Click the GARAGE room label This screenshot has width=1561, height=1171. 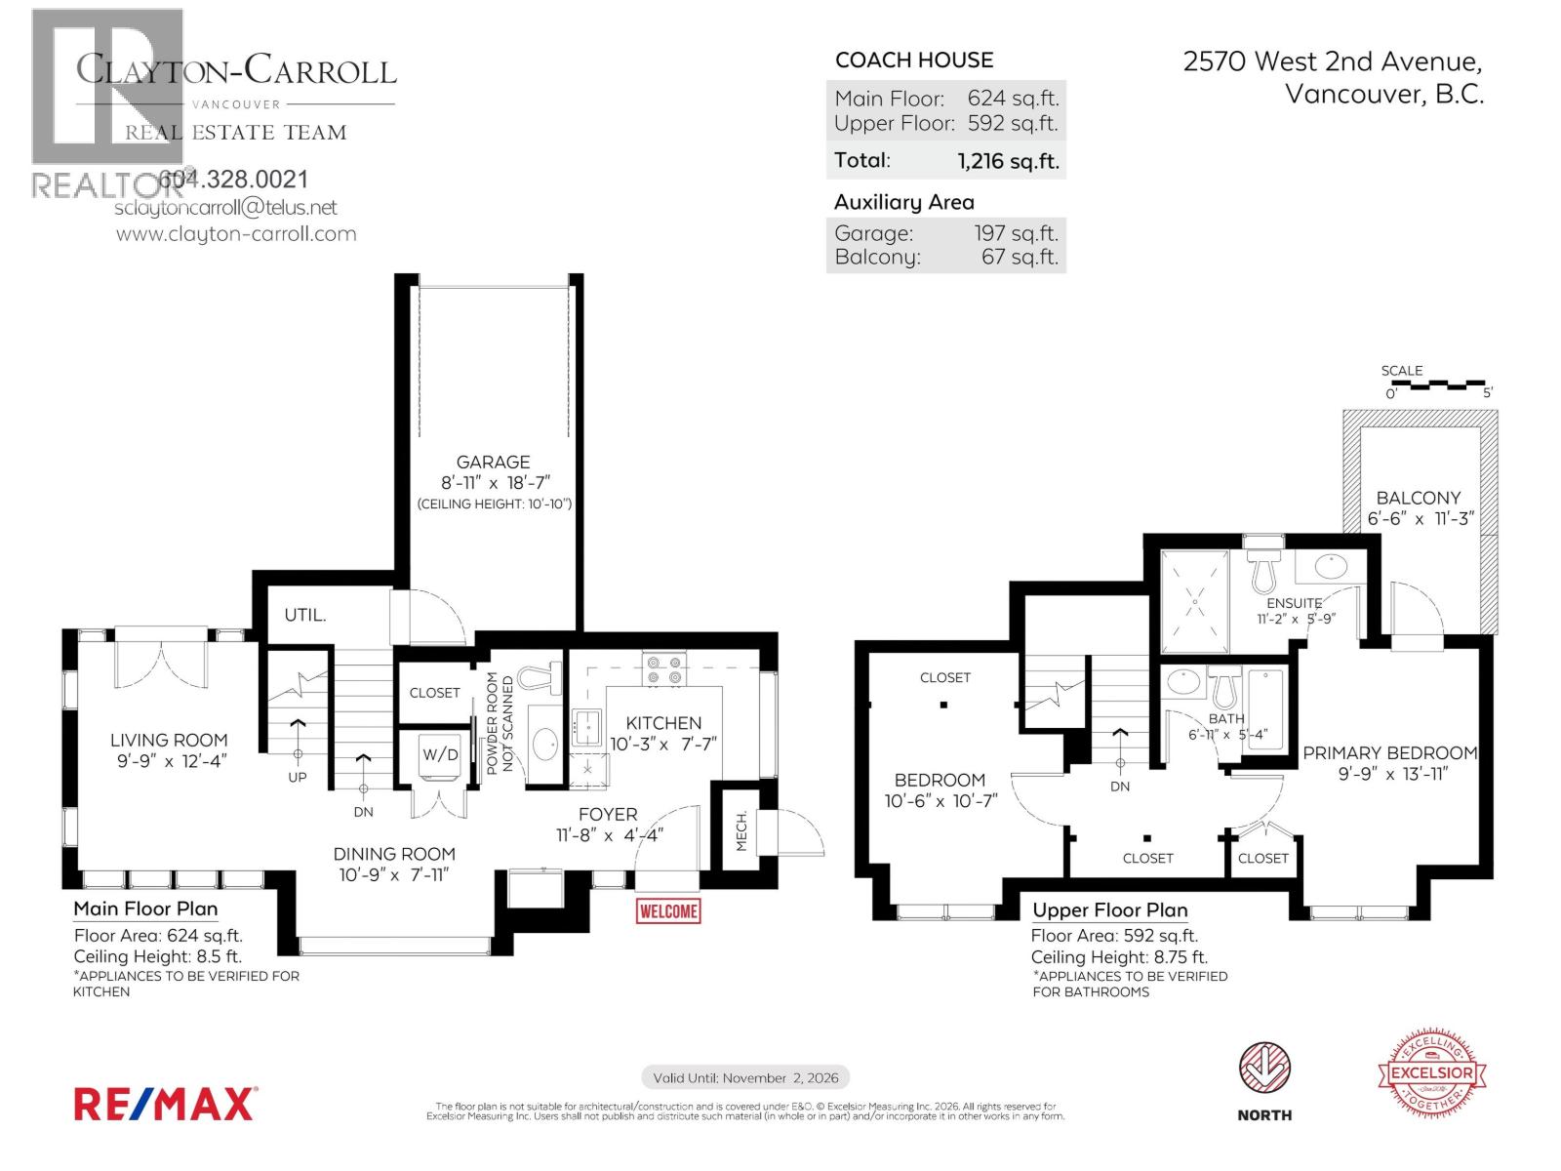coord(493,463)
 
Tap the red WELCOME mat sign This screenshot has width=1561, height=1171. coord(668,911)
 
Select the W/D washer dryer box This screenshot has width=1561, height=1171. coord(439,755)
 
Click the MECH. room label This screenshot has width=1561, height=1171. coord(741,830)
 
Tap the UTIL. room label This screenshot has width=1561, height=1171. coord(304,615)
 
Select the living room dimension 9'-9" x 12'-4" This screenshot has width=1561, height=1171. coord(170,761)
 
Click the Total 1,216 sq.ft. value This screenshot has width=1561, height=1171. coord(1008,161)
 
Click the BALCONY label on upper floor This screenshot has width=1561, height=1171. coord(1419,498)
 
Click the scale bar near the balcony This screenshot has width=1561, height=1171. coord(1439,386)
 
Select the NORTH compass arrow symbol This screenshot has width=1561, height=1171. coord(1264,1069)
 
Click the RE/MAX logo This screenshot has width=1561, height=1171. coord(165,1104)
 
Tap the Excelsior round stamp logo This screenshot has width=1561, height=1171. coord(1431,1071)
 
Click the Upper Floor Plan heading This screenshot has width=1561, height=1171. coord(1109,910)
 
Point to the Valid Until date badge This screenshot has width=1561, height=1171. coord(745,1077)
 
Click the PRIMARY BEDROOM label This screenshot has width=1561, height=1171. coord(1389,753)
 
